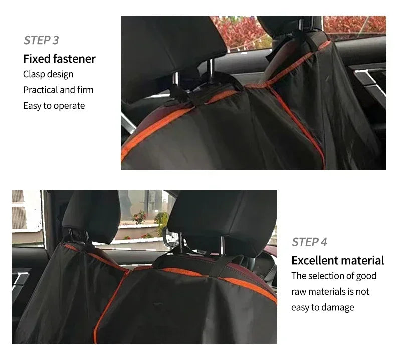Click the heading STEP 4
[x=309, y=242]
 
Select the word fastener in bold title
[x=75, y=59]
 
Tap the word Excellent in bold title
[x=314, y=260]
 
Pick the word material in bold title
[x=362, y=260]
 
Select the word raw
[x=299, y=291]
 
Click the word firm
[x=85, y=90]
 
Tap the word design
[x=60, y=74]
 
